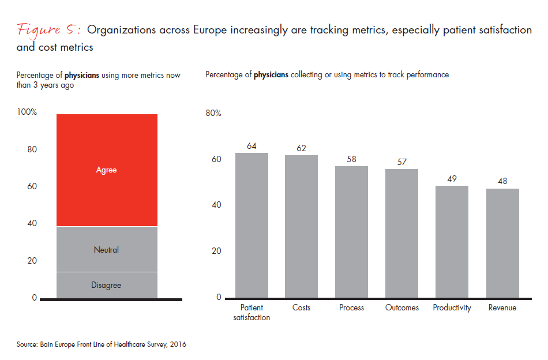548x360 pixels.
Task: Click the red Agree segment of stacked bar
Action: (107, 170)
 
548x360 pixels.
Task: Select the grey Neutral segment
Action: (107, 249)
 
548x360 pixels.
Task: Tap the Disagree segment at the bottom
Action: (107, 285)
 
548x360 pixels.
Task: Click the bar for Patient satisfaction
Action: (252, 225)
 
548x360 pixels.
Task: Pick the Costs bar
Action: (301, 226)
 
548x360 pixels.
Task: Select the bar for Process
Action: (351, 232)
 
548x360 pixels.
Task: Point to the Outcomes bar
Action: (401, 233)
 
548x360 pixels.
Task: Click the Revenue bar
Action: (502, 243)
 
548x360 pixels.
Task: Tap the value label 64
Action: (252, 146)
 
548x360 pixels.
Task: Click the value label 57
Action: (402, 162)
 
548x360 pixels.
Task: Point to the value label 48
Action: (502, 182)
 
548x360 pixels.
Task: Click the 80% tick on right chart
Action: (213, 113)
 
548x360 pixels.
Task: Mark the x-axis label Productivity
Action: (452, 307)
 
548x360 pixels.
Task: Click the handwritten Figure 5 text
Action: (49, 30)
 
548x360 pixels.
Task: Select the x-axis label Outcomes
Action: (401, 307)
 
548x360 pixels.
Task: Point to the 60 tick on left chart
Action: (32, 186)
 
